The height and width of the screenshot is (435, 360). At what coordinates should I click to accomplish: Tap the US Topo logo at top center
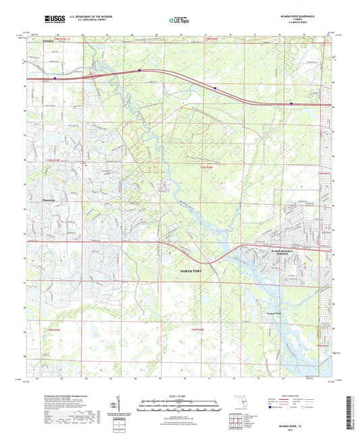(x=179, y=20)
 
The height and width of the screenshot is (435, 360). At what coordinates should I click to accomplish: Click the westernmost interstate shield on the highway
(x=55, y=78)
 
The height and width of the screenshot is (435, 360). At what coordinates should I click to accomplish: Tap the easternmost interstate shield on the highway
(x=291, y=103)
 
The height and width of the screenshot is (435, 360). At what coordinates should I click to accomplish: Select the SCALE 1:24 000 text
(x=179, y=395)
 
